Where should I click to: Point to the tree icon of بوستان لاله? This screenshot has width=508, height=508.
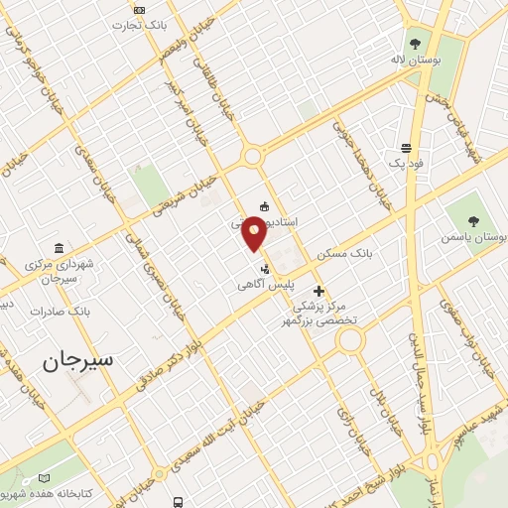pos(415,42)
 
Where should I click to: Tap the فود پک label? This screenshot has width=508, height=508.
pos(406,162)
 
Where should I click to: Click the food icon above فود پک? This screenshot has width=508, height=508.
pos(406,146)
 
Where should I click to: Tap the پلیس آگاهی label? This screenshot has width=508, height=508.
pos(263,285)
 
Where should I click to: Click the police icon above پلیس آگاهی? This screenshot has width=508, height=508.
pos(264,268)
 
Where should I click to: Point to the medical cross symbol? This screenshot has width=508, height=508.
pos(318,292)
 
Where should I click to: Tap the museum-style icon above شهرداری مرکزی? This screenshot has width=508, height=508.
pos(62,247)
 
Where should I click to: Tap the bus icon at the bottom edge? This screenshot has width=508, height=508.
pos(178,502)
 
